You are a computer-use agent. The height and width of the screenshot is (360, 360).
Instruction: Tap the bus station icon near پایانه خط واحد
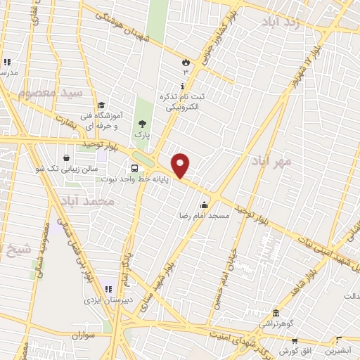134,167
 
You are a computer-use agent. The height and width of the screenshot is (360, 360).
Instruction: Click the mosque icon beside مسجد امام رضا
204,205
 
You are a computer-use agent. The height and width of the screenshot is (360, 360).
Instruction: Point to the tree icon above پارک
143,122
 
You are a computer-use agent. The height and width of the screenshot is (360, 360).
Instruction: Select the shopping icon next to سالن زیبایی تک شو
66,158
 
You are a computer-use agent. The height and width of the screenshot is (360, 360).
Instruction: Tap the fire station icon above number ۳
186,61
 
